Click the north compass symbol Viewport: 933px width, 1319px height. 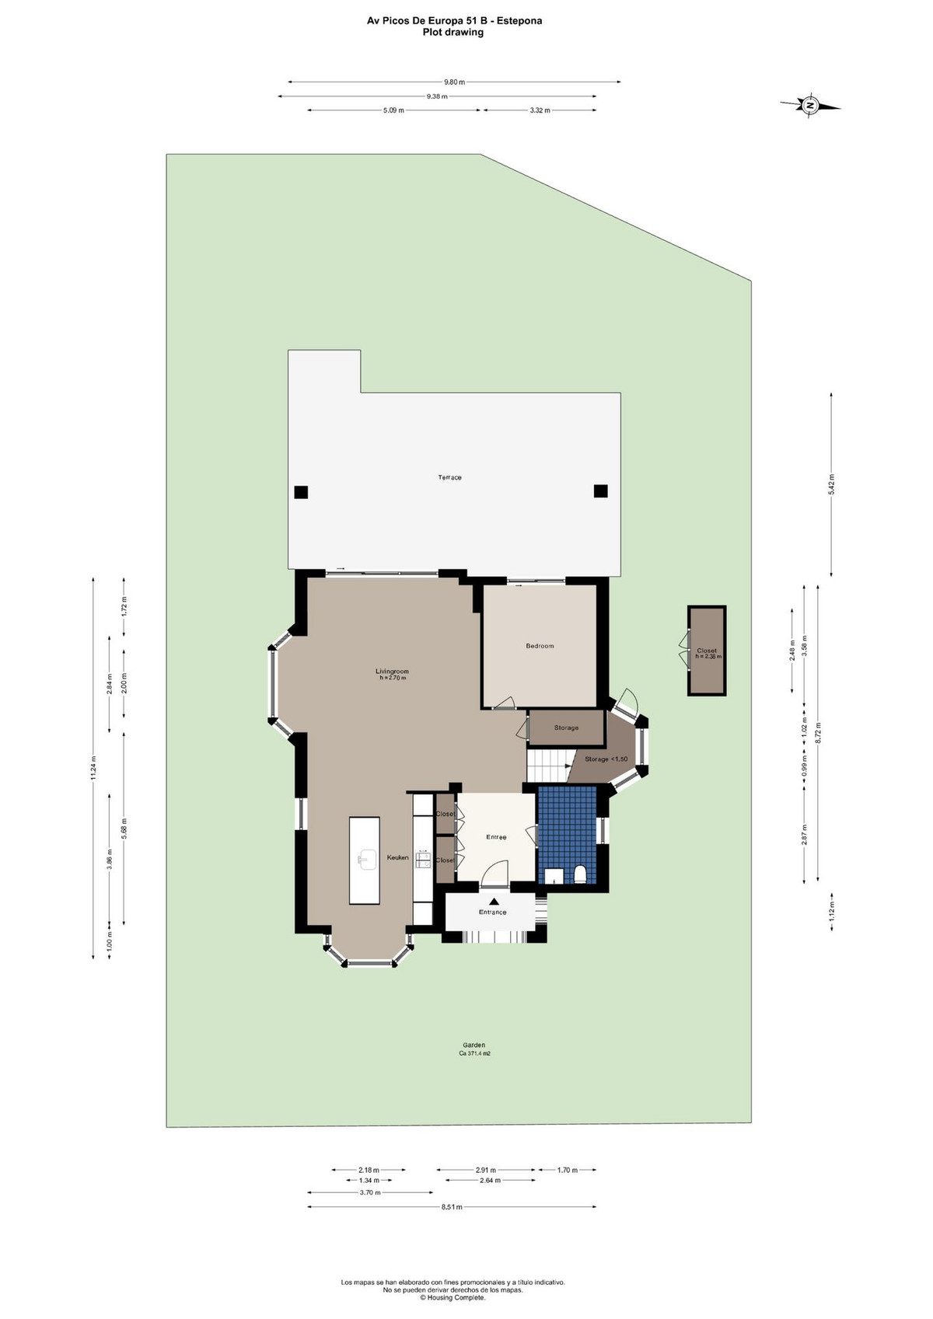[810, 106]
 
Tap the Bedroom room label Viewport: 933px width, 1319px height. [540, 646]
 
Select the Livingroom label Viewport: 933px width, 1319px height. [393, 672]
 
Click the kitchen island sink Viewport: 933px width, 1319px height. [367, 859]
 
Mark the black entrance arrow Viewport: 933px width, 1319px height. [494, 901]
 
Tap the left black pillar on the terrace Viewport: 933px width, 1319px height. [301, 492]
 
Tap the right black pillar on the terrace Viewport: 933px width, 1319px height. [600, 490]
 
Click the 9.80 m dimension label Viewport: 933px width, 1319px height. [454, 82]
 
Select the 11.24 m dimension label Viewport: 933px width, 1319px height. [93, 769]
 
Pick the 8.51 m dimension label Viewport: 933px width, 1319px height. [452, 1206]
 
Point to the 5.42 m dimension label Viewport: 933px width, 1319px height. [831, 484]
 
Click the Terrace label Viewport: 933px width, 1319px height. [449, 477]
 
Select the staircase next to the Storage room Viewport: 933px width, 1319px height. [547, 766]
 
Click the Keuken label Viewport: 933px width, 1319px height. [397, 857]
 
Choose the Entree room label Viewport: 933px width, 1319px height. [496, 837]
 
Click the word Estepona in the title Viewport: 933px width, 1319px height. [519, 21]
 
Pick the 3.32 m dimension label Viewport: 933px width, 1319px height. [540, 110]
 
